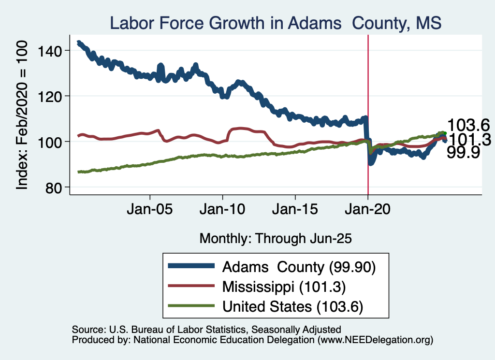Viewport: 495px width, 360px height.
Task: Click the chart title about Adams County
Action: click(276, 23)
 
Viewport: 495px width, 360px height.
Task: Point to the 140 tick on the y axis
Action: click(54, 51)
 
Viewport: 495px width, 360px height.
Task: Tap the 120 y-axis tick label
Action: click(54, 96)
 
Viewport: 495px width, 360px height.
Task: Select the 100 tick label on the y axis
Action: click(54, 142)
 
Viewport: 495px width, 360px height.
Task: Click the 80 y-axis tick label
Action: click(58, 187)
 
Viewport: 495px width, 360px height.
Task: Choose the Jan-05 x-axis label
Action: click(150, 211)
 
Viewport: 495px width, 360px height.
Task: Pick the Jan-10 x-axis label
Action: click(222, 211)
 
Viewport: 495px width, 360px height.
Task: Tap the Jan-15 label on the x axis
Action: click(295, 211)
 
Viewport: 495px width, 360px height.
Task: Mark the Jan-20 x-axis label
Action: click(368, 211)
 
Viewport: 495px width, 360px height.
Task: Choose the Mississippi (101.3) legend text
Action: click(284, 287)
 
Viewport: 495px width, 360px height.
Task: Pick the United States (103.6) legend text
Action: click(292, 306)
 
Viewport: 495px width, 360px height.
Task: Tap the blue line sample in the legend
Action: click(191, 266)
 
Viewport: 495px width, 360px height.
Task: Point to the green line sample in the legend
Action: click(191, 306)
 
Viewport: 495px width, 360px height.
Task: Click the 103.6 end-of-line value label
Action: click(468, 125)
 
